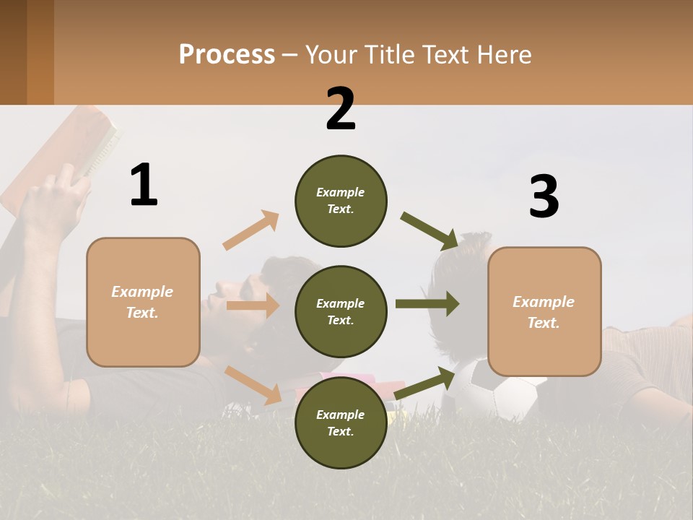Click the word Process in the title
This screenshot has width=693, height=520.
(227, 55)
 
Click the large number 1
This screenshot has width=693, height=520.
(144, 185)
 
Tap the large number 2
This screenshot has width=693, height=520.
(341, 109)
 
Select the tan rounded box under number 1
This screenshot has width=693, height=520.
(143, 302)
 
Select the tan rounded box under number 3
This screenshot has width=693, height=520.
(544, 311)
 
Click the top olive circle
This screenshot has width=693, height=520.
(341, 201)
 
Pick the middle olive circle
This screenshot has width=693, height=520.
(341, 311)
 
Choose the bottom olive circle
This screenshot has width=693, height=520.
(341, 422)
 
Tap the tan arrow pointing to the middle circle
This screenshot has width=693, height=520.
(253, 305)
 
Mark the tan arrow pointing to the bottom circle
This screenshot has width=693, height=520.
(253, 384)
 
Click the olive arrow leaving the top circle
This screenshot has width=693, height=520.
(430, 230)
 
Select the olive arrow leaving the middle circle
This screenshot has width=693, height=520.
(427, 303)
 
